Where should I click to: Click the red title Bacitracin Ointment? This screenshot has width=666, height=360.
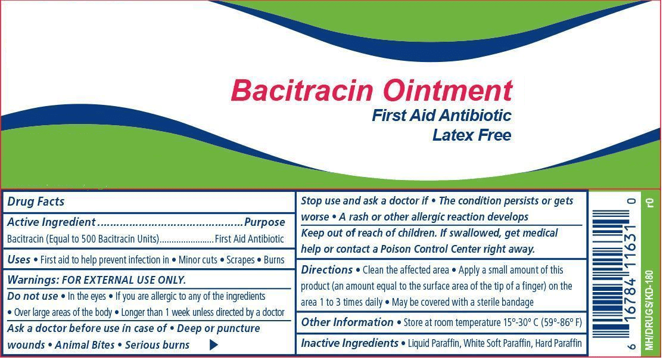[372, 90]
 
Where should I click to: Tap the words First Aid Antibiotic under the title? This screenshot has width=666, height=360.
[441, 115]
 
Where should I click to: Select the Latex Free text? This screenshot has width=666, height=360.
[472, 135]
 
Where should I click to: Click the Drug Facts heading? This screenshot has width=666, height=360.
[36, 201]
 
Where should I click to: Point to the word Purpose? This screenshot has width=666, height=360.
[264, 222]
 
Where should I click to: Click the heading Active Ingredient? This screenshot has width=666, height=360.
[51, 222]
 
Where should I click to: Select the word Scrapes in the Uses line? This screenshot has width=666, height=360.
[241, 260]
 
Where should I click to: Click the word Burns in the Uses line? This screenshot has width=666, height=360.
[274, 260]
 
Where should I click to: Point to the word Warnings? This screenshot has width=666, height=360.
[33, 280]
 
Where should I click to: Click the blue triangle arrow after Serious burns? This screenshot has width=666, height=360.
[214, 345]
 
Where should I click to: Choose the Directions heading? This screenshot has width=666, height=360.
[326, 270]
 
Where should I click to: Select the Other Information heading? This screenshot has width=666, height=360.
[347, 322]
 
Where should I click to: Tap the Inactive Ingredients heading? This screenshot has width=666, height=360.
[350, 343]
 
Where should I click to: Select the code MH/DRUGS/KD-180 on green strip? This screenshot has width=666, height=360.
[648, 310]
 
